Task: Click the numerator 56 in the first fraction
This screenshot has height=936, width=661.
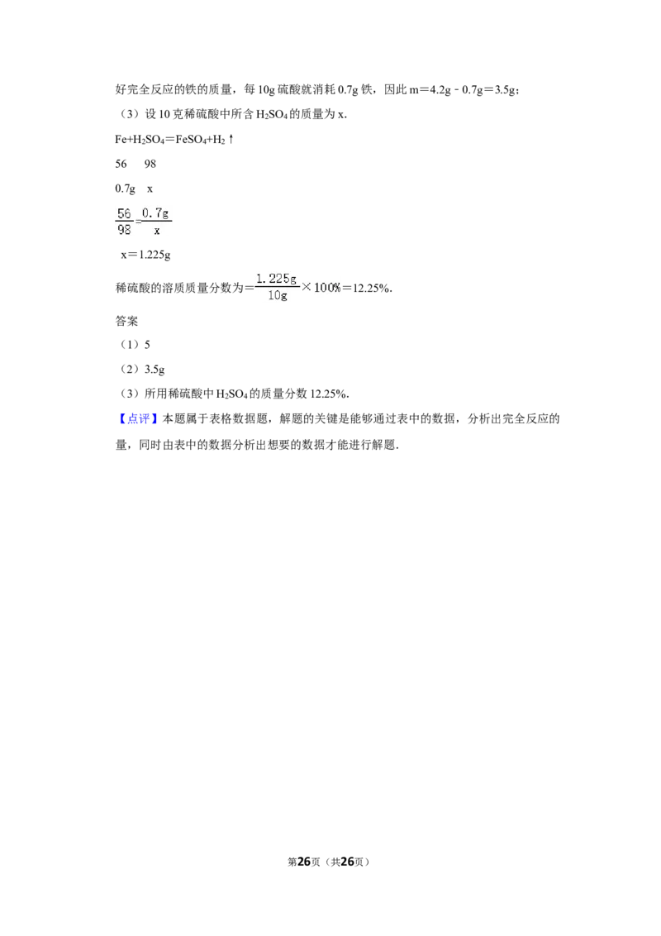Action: tap(124, 214)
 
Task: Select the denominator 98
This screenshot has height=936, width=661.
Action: tap(124, 230)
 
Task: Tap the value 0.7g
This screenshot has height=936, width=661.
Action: tap(155, 213)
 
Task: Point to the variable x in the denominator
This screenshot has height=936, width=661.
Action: tap(156, 231)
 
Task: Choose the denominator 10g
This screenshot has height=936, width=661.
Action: tap(278, 294)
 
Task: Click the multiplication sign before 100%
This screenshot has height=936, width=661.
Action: tap(307, 287)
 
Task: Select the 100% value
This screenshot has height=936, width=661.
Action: tap(326, 287)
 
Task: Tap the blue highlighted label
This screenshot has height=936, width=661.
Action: tap(138, 419)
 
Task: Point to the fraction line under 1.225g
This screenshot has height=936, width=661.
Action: tap(276, 286)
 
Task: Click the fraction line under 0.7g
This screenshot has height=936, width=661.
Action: tap(156, 222)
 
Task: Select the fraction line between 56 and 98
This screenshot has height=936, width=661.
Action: tap(124, 222)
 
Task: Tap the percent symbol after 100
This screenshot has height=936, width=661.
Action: tap(336, 287)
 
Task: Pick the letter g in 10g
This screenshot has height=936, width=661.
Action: tap(284, 295)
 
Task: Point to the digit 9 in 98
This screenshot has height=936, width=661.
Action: tap(121, 230)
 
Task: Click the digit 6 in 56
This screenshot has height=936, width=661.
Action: tap(128, 214)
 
